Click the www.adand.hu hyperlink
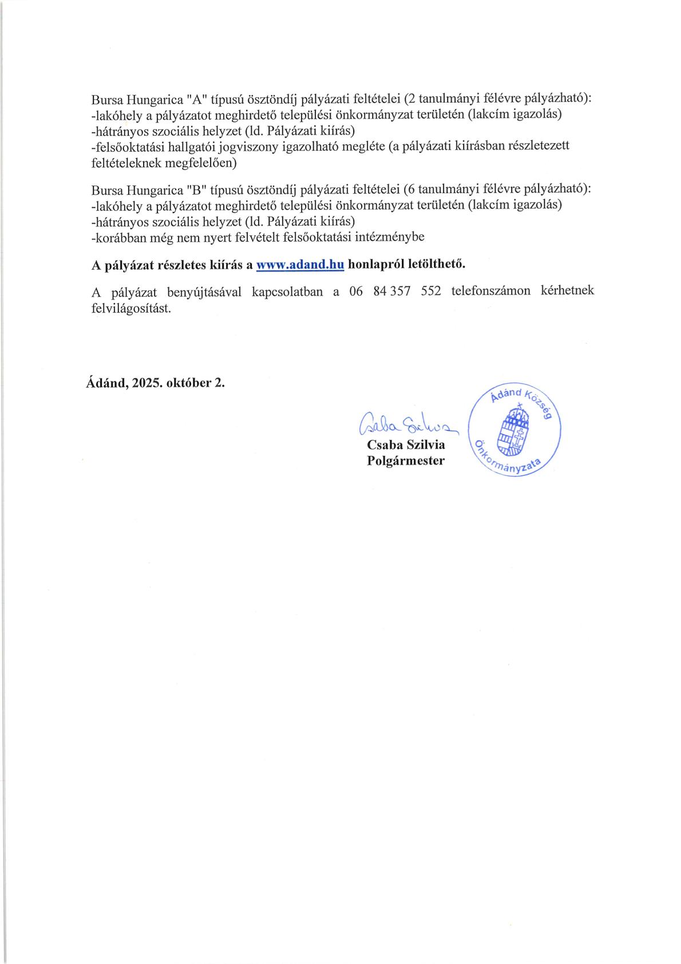tap(300, 265)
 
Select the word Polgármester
tap(406, 461)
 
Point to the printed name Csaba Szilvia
tap(406, 445)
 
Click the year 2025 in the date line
tap(148, 383)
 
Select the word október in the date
tap(189, 383)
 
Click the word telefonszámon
tap(490, 291)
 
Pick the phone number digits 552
tap(431, 291)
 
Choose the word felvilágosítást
tap(131, 308)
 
